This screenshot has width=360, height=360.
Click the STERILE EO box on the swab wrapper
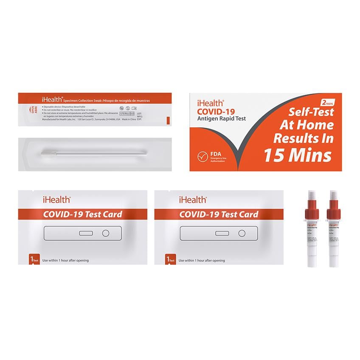point(127,114)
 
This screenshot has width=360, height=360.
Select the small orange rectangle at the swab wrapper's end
point(169,120)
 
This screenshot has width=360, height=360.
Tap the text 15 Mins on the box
point(297,155)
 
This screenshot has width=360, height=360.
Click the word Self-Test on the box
point(311,112)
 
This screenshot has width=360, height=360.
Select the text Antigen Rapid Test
point(221,118)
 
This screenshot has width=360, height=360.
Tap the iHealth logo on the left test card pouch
point(56,199)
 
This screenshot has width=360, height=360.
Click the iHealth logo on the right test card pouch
point(193,199)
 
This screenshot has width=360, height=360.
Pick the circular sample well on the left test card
point(106,233)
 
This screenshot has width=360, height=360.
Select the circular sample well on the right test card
point(242,233)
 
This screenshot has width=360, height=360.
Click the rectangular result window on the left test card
point(86,233)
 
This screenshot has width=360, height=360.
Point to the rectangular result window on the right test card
point(222,233)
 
